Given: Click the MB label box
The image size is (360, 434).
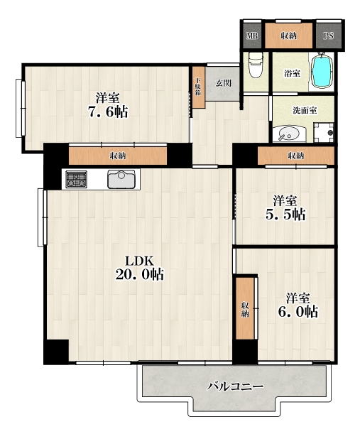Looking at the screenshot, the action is click(x=252, y=36).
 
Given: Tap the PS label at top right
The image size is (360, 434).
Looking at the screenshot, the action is click(x=329, y=36).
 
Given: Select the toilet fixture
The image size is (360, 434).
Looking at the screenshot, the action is click(x=256, y=65).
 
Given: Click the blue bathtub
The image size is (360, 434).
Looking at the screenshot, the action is click(x=322, y=72).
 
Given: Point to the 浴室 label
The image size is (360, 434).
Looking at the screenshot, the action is click(x=293, y=73).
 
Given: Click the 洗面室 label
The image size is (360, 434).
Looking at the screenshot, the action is click(x=305, y=110).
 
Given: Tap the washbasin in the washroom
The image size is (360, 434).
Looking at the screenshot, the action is click(x=289, y=135).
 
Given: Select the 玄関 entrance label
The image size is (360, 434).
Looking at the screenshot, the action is click(x=223, y=83).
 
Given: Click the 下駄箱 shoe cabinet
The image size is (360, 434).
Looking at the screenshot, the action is click(x=199, y=87).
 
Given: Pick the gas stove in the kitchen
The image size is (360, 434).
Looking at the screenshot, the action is click(x=76, y=180).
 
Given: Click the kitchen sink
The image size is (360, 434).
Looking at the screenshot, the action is click(x=121, y=179).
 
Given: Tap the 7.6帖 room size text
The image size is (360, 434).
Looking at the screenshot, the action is click(x=108, y=112).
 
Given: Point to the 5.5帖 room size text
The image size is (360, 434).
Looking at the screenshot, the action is click(x=285, y=215).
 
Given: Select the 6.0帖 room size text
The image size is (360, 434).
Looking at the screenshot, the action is click(x=298, y=312).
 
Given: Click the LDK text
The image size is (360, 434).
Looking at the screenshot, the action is click(x=139, y=261).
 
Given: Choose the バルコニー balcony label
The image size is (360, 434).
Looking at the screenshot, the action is click(x=236, y=386).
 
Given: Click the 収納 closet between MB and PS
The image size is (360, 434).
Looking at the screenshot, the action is click(x=288, y=36).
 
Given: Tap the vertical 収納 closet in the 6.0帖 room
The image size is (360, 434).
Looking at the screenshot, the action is click(x=245, y=308).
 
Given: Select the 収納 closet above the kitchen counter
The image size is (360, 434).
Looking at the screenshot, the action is click(x=118, y=156).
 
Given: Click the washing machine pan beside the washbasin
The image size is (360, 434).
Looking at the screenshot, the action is click(x=324, y=133).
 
